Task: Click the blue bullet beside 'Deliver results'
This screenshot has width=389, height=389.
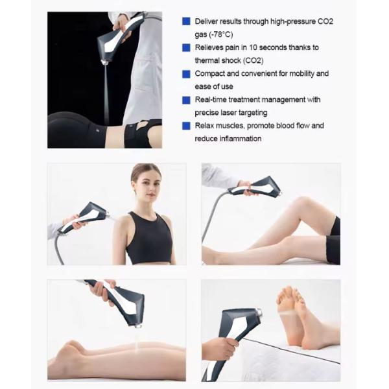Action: coord(187,21)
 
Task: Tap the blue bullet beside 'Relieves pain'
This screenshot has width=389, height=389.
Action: coord(187,47)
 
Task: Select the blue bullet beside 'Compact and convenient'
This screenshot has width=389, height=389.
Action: coord(187,74)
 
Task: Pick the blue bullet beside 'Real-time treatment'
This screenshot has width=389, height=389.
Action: coord(187,100)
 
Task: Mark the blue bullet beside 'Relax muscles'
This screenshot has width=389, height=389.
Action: coord(187,126)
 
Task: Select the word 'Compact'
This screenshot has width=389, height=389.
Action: coord(211,74)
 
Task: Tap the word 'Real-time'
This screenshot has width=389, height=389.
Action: coord(212,100)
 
